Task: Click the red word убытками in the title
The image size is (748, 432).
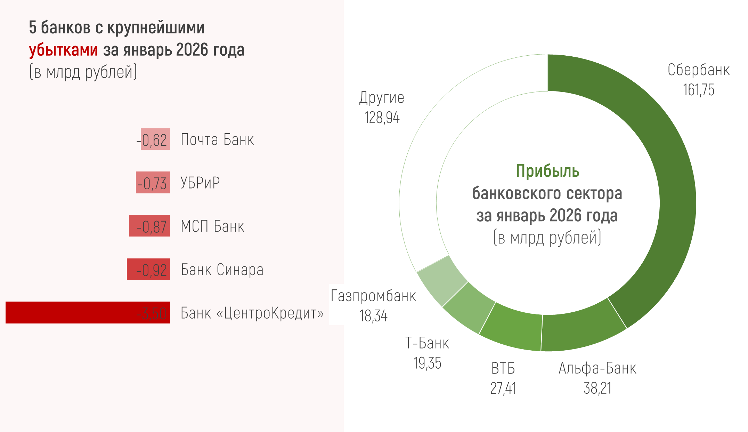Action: (63, 50)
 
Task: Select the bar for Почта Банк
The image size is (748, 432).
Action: (155, 139)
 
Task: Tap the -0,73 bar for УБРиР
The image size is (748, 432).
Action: (153, 183)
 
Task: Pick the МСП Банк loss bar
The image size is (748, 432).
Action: (149, 226)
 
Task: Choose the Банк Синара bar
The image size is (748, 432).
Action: (148, 269)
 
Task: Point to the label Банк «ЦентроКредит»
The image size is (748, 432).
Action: (252, 313)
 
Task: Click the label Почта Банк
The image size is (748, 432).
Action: (218, 140)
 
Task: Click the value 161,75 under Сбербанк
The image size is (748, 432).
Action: (699, 90)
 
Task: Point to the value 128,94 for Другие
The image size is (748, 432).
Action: (382, 118)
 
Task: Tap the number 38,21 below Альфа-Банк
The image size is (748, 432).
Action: (597, 388)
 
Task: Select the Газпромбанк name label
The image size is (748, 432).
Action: (373, 296)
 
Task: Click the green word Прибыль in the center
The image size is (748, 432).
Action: (547, 171)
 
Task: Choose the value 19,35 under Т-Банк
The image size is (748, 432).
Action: (427, 363)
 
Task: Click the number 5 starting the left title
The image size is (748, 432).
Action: (32, 28)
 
